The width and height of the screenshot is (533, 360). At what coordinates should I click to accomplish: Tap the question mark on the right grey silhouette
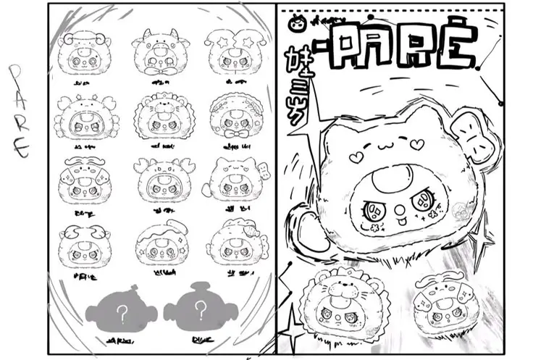point(198,312)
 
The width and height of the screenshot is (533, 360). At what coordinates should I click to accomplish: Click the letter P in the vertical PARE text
point(16,72)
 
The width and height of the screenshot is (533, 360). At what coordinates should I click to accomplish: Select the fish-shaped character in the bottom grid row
point(157,243)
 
